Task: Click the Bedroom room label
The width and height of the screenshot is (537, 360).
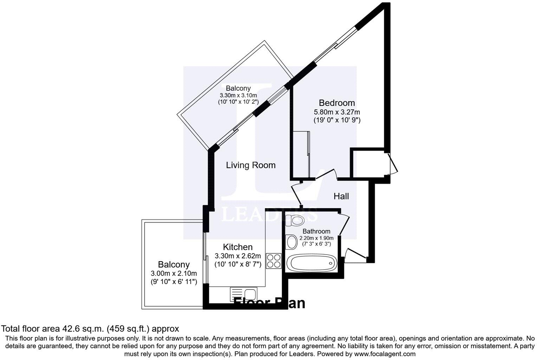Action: pos(337,103)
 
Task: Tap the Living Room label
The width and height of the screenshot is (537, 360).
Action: pos(251,165)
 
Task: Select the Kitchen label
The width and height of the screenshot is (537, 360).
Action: pos(238,247)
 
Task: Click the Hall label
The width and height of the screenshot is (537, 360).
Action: pos(341,196)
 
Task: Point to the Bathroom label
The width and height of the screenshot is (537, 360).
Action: pos(316,231)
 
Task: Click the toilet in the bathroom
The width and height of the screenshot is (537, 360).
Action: pos(295,220)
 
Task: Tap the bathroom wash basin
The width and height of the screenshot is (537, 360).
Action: pos(291,242)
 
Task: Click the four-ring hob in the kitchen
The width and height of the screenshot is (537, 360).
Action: pos(274,261)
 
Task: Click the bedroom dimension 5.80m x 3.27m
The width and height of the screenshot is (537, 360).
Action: pos(337,112)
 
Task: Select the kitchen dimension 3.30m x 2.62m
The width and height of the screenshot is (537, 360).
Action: pos(238,256)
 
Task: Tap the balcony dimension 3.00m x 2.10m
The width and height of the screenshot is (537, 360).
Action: pos(174,274)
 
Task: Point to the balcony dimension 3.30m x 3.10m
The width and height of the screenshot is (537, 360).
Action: pos(238,95)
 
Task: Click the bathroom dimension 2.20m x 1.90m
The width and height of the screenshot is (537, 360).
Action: pos(316,238)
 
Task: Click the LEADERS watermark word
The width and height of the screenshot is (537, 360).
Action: pos(269,214)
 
